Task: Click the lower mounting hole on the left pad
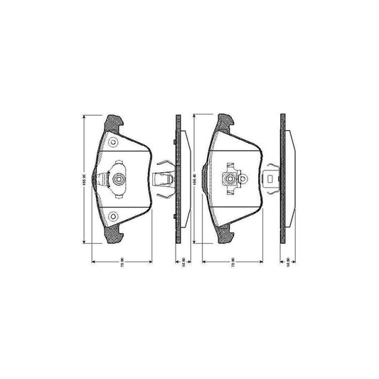(113, 217)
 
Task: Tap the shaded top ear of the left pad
(112, 123)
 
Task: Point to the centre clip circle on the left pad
(118, 179)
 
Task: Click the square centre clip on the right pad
(231, 179)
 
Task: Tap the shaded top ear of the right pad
(225, 123)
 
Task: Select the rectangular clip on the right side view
(271, 179)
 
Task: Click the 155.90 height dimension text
(85, 179)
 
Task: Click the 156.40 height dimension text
(194, 179)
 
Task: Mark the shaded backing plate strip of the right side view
(282, 179)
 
